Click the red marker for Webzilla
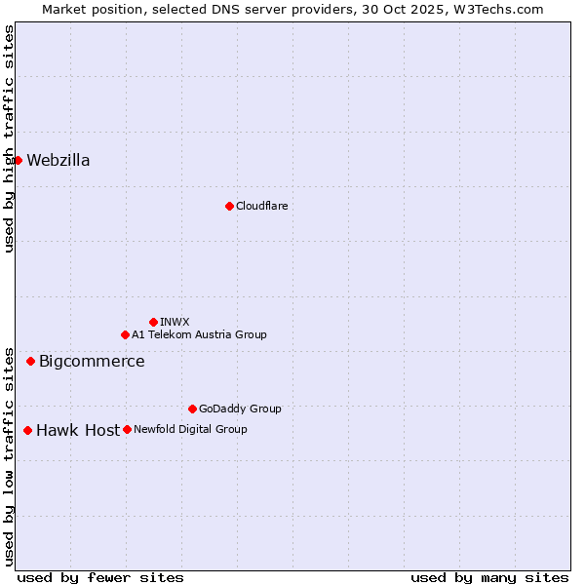[x=18, y=160]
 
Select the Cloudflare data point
[x=229, y=206]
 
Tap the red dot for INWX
[x=153, y=322]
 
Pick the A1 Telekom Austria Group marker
[x=125, y=334]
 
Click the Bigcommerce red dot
[x=30, y=361]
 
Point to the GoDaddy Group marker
[x=192, y=409]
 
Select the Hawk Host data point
[x=27, y=430]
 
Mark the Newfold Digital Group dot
[x=127, y=429]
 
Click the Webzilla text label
[x=58, y=161]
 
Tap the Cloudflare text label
[x=261, y=206]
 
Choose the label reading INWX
[x=175, y=322]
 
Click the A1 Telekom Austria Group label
[x=199, y=334]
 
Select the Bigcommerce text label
[x=92, y=362]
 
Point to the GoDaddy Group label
[x=240, y=409]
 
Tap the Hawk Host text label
[x=78, y=431]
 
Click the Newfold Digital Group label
[x=190, y=429]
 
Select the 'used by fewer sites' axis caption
[x=100, y=577]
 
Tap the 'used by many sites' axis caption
[x=489, y=577]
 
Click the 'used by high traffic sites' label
[x=9, y=138]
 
